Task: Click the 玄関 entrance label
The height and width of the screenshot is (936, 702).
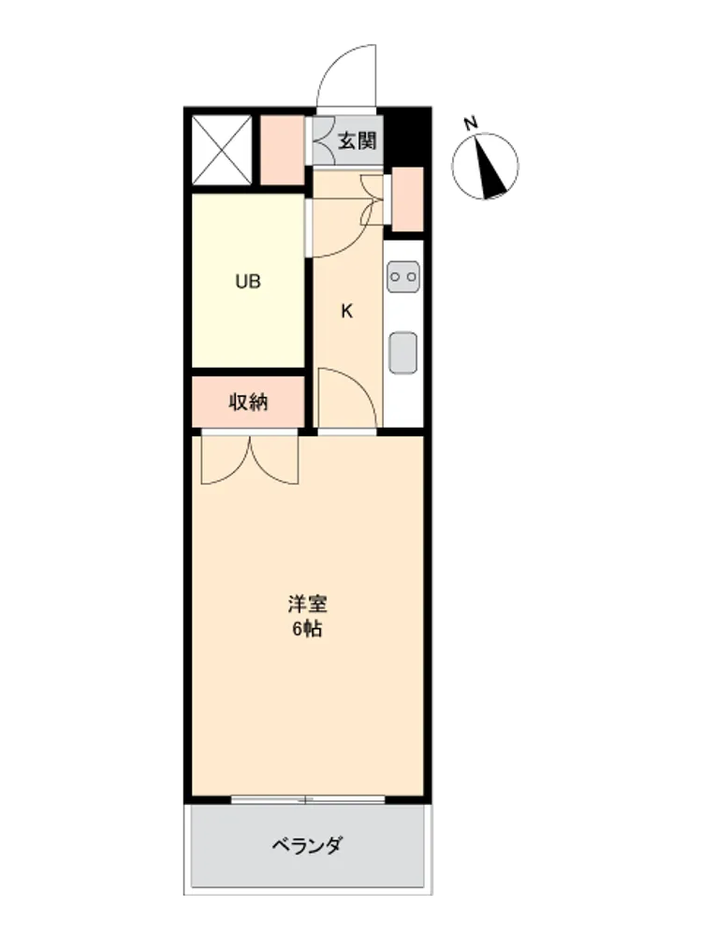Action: coord(357,141)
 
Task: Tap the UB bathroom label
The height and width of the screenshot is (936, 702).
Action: coord(248,281)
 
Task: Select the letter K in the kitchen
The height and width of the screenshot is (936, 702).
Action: coord(347,311)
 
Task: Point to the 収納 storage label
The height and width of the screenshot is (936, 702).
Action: coord(248,402)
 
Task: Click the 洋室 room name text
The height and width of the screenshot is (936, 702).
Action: coord(307,604)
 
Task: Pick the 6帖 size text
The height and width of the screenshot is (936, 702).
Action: coord(307,629)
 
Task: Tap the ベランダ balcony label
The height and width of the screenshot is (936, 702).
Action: coord(307,845)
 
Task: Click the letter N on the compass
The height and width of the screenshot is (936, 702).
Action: coord(471,124)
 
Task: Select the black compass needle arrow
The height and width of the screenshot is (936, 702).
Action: coord(490,168)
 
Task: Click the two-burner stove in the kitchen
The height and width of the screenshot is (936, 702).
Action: coord(402,276)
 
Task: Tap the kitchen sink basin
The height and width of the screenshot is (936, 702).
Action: coord(402,352)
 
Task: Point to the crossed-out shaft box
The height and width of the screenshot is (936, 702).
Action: coord(222,150)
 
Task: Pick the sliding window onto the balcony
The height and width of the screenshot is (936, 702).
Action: coord(308,799)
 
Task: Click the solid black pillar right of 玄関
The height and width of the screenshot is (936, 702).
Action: coord(407,139)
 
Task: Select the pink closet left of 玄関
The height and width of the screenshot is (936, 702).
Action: coord(283,150)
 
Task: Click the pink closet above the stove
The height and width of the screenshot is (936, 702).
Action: coord(407,199)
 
